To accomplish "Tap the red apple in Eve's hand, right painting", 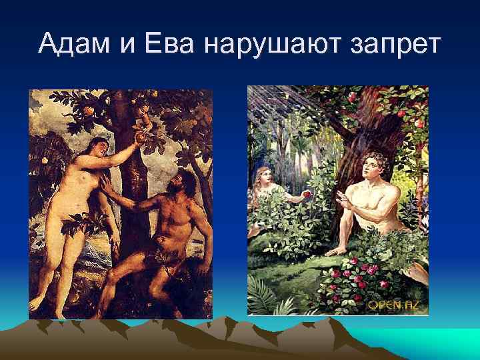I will point(307,193).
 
